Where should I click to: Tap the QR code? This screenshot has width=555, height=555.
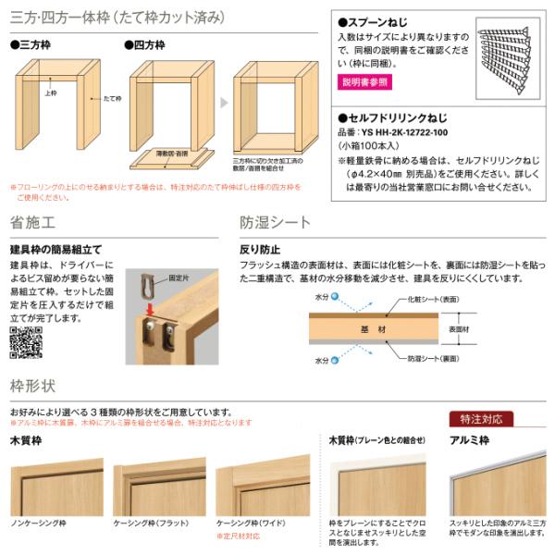(27, 340)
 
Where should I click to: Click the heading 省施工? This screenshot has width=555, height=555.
(33, 223)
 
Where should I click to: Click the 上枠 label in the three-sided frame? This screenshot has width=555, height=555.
(50, 93)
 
